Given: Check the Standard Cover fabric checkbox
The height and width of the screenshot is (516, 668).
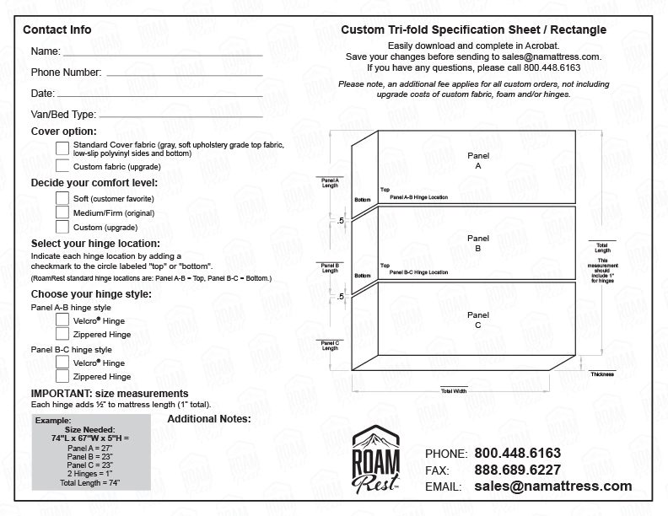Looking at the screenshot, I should click(62, 148).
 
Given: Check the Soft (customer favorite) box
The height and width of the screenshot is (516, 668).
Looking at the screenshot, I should click(62, 198).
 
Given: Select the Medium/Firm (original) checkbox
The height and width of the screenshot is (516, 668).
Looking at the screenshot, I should click(62, 212).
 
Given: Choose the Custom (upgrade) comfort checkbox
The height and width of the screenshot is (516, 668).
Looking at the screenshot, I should click(62, 227).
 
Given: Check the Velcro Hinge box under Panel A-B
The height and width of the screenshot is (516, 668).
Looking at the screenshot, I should click(62, 320).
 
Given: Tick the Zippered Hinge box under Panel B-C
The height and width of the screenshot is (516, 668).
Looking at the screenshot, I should click(62, 376).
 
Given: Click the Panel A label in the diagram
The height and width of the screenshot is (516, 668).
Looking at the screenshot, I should click(477, 162).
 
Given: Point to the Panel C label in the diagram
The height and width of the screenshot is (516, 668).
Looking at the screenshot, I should click(477, 320).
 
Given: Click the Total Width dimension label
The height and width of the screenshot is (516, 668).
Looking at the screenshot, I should click(453, 391).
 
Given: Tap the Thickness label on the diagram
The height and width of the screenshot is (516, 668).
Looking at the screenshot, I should click(601, 374).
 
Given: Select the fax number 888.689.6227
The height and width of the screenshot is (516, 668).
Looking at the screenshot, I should click(517, 470).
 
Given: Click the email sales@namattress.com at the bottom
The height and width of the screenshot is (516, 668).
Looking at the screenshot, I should click(552, 486).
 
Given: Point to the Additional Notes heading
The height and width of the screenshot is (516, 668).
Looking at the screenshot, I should click(209, 418).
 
